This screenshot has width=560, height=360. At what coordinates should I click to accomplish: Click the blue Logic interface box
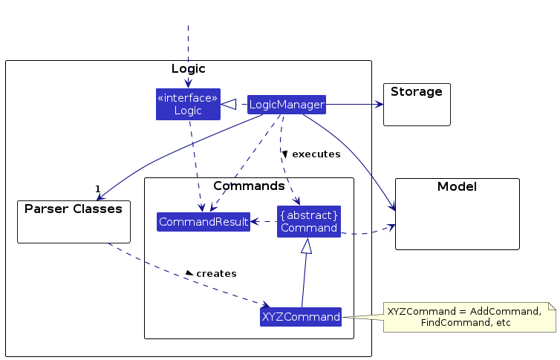(x=188, y=105)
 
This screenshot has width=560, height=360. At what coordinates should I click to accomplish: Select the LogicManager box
(x=286, y=105)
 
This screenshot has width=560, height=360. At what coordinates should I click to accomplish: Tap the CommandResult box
(x=203, y=221)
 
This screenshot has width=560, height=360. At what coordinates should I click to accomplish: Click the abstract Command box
(x=309, y=221)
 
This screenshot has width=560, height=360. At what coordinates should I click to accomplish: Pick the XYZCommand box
(x=301, y=317)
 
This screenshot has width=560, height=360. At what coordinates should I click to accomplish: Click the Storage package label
(x=416, y=93)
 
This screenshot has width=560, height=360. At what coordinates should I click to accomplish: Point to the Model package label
(x=458, y=187)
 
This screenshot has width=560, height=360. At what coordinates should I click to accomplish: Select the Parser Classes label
(x=73, y=209)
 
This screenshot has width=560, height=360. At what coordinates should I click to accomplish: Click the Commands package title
(x=249, y=186)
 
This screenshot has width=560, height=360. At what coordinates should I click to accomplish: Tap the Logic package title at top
(x=188, y=69)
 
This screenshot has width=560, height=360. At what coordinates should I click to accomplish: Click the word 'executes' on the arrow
(x=316, y=154)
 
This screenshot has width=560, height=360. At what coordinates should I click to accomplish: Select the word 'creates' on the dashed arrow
(x=216, y=274)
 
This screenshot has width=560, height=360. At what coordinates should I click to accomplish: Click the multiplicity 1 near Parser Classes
(x=97, y=189)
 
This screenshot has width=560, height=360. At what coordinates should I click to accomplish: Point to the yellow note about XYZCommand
(x=468, y=317)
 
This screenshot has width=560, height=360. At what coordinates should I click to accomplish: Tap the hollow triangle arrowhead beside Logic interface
(x=230, y=105)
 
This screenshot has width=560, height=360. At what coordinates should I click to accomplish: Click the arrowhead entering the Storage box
(x=379, y=105)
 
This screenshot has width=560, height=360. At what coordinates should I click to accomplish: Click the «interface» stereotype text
(x=188, y=98)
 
